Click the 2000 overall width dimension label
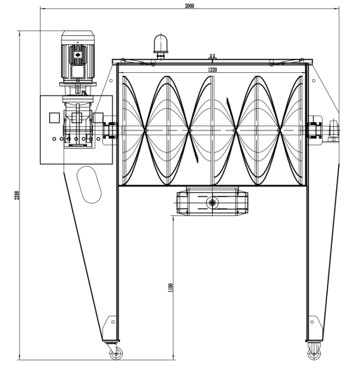coord(189,6)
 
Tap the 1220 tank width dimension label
coord(213,70)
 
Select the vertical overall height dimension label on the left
coord(17,195)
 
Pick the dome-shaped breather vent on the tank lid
coord(161,46)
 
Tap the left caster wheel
coord(116,354)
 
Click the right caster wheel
coord(314,354)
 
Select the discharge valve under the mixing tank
coord(213,201)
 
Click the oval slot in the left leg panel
coord(89,184)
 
